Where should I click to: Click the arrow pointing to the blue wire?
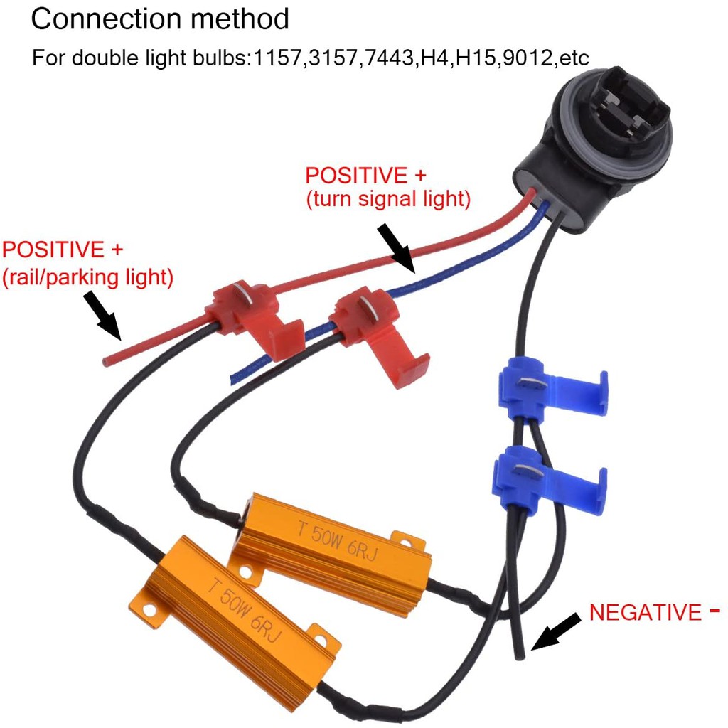(395, 248)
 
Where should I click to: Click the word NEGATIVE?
(645, 613)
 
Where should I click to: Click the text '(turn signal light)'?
(388, 200)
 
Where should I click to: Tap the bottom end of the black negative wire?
(522, 653)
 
